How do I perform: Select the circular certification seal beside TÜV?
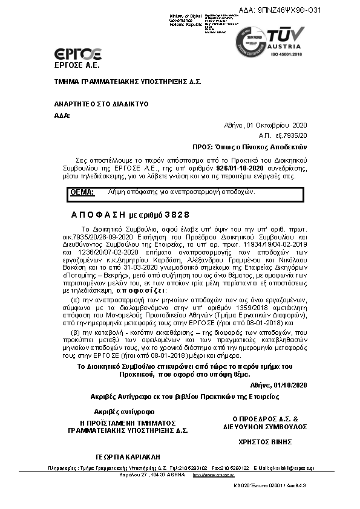pos(250,41)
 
